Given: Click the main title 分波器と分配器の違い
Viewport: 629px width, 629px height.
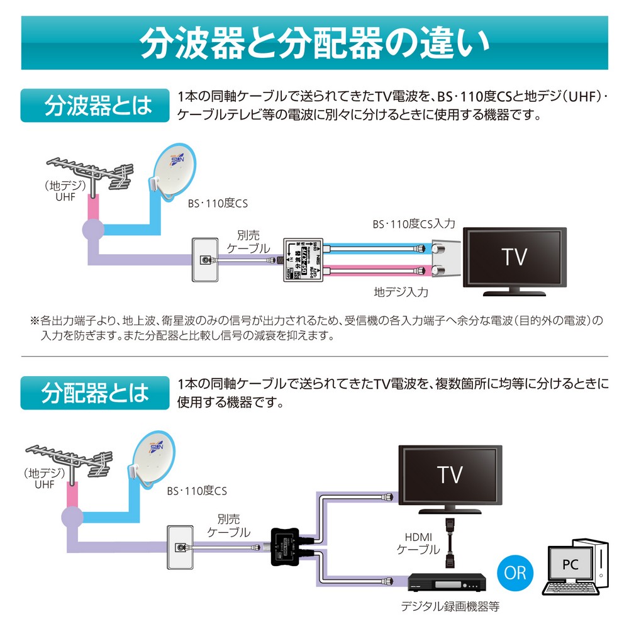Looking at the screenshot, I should [x=314, y=43].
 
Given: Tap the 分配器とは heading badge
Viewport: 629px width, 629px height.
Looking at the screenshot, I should [x=95, y=393].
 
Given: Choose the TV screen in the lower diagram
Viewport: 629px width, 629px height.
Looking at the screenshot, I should [x=450, y=474].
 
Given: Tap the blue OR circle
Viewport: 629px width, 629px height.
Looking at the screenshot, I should [x=514, y=572].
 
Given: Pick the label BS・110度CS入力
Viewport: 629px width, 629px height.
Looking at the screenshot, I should [x=413, y=224].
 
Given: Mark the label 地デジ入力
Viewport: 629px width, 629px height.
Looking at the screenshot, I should [x=401, y=292].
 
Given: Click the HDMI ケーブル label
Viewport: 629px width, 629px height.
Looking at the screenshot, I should [x=418, y=542].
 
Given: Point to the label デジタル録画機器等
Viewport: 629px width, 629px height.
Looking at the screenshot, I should [x=450, y=608].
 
